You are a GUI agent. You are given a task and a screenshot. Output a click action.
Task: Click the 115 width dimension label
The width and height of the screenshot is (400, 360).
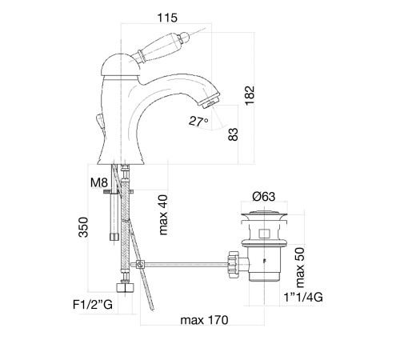(x=167, y=18)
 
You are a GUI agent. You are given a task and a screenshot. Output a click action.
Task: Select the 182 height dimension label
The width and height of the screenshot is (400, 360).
(x=250, y=95)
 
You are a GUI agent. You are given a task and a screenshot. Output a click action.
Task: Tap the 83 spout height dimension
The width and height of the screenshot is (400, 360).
(x=233, y=134)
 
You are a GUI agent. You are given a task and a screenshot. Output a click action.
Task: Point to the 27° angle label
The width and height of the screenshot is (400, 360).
(x=198, y=122)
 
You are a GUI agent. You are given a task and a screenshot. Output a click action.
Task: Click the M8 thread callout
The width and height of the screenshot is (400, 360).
(x=99, y=182)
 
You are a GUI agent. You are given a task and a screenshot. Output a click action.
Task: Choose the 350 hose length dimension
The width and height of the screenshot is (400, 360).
(x=83, y=227)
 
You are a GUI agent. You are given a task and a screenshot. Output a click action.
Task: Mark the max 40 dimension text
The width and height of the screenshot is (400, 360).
(x=163, y=215)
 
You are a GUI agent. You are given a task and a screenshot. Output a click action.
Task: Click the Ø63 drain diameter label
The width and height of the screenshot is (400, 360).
(x=264, y=197)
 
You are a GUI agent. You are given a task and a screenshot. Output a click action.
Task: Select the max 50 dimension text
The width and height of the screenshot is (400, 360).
(x=299, y=267)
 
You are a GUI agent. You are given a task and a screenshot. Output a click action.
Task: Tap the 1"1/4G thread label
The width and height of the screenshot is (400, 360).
(x=303, y=297)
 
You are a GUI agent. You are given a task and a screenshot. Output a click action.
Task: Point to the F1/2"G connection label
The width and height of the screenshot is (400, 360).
(x=93, y=304)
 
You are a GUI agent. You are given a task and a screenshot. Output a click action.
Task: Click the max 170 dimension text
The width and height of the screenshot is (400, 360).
(x=204, y=320)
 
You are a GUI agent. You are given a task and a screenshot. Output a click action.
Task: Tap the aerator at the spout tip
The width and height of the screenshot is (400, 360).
(x=211, y=99)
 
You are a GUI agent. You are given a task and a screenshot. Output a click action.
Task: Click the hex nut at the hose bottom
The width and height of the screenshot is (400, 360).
(x=126, y=288)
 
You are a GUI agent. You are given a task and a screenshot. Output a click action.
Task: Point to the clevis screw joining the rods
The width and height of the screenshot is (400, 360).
(x=140, y=265)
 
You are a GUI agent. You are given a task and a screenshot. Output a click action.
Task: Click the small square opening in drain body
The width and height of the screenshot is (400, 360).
(x=264, y=234)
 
